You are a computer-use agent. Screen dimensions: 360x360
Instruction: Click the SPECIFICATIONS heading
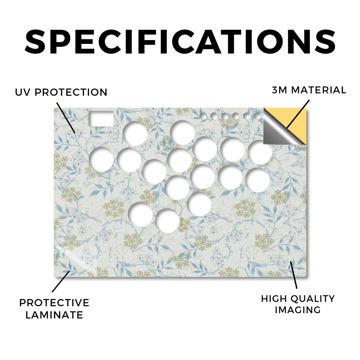click(180, 42)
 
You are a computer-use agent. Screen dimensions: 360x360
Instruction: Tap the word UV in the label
click(22, 92)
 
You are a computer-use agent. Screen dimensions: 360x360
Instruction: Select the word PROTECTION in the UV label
click(71, 92)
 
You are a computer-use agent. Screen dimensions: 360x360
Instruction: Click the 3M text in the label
click(279, 90)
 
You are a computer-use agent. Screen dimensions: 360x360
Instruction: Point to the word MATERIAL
click(319, 90)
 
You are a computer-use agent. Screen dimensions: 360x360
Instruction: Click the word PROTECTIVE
click(54, 303)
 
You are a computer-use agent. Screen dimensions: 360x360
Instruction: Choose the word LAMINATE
click(54, 315)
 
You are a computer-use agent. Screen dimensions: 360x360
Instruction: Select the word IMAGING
click(298, 310)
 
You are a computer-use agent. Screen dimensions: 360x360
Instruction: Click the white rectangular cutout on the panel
click(101, 118)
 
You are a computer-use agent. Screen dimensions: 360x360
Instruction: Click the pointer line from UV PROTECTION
click(66, 118)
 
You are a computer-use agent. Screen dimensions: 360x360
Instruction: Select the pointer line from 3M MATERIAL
click(298, 114)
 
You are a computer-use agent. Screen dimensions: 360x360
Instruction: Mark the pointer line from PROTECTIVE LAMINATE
click(61, 282)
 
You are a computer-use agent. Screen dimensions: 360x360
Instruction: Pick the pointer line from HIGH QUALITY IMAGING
click(294, 275)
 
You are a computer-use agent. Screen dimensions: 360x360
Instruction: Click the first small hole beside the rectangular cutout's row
click(203, 116)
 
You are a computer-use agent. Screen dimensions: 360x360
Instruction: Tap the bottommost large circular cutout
click(167, 220)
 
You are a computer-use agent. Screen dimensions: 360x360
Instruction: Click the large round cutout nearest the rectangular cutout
click(135, 133)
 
